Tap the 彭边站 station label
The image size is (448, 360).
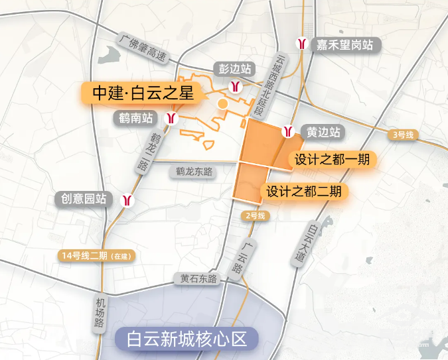point(235,69)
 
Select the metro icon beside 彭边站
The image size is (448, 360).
point(235,86)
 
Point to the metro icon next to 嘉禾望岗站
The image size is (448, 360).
point(303,44)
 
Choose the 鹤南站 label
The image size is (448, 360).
point(137,119)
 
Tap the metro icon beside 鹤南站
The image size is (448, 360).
point(171,119)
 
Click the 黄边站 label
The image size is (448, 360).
point(324,131)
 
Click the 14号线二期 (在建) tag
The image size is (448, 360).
point(96,255)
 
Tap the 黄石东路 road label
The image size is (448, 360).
point(199,279)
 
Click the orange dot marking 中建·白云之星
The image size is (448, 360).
point(223,104)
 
